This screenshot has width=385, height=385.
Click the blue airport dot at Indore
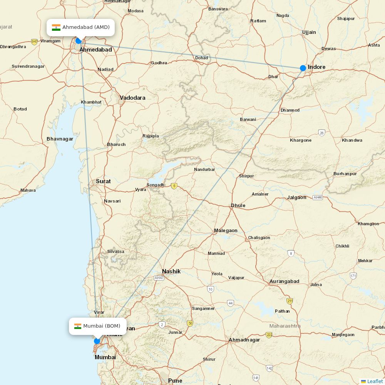(303, 68)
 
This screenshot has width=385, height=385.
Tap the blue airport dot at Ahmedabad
(79, 41)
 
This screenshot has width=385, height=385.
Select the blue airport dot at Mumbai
(97, 341)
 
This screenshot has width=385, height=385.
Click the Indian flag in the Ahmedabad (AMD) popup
(56, 27)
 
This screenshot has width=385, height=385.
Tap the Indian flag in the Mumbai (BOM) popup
(78, 326)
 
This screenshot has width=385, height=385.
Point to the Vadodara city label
(132, 98)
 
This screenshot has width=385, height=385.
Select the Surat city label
(103, 181)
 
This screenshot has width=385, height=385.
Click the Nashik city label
(171, 271)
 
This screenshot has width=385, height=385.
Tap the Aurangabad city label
(284, 281)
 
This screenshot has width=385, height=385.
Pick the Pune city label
(175, 381)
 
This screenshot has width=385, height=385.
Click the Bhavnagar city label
(60, 139)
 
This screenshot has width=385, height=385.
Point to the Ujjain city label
(309, 32)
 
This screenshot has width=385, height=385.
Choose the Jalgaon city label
(297, 198)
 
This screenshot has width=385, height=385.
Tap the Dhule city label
(238, 206)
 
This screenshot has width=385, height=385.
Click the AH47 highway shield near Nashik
(159, 278)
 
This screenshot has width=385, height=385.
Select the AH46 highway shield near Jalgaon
(318, 198)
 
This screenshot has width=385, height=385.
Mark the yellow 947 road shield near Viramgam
(35, 41)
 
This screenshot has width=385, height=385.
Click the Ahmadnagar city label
(244, 340)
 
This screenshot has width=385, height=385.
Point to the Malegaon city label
(226, 231)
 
